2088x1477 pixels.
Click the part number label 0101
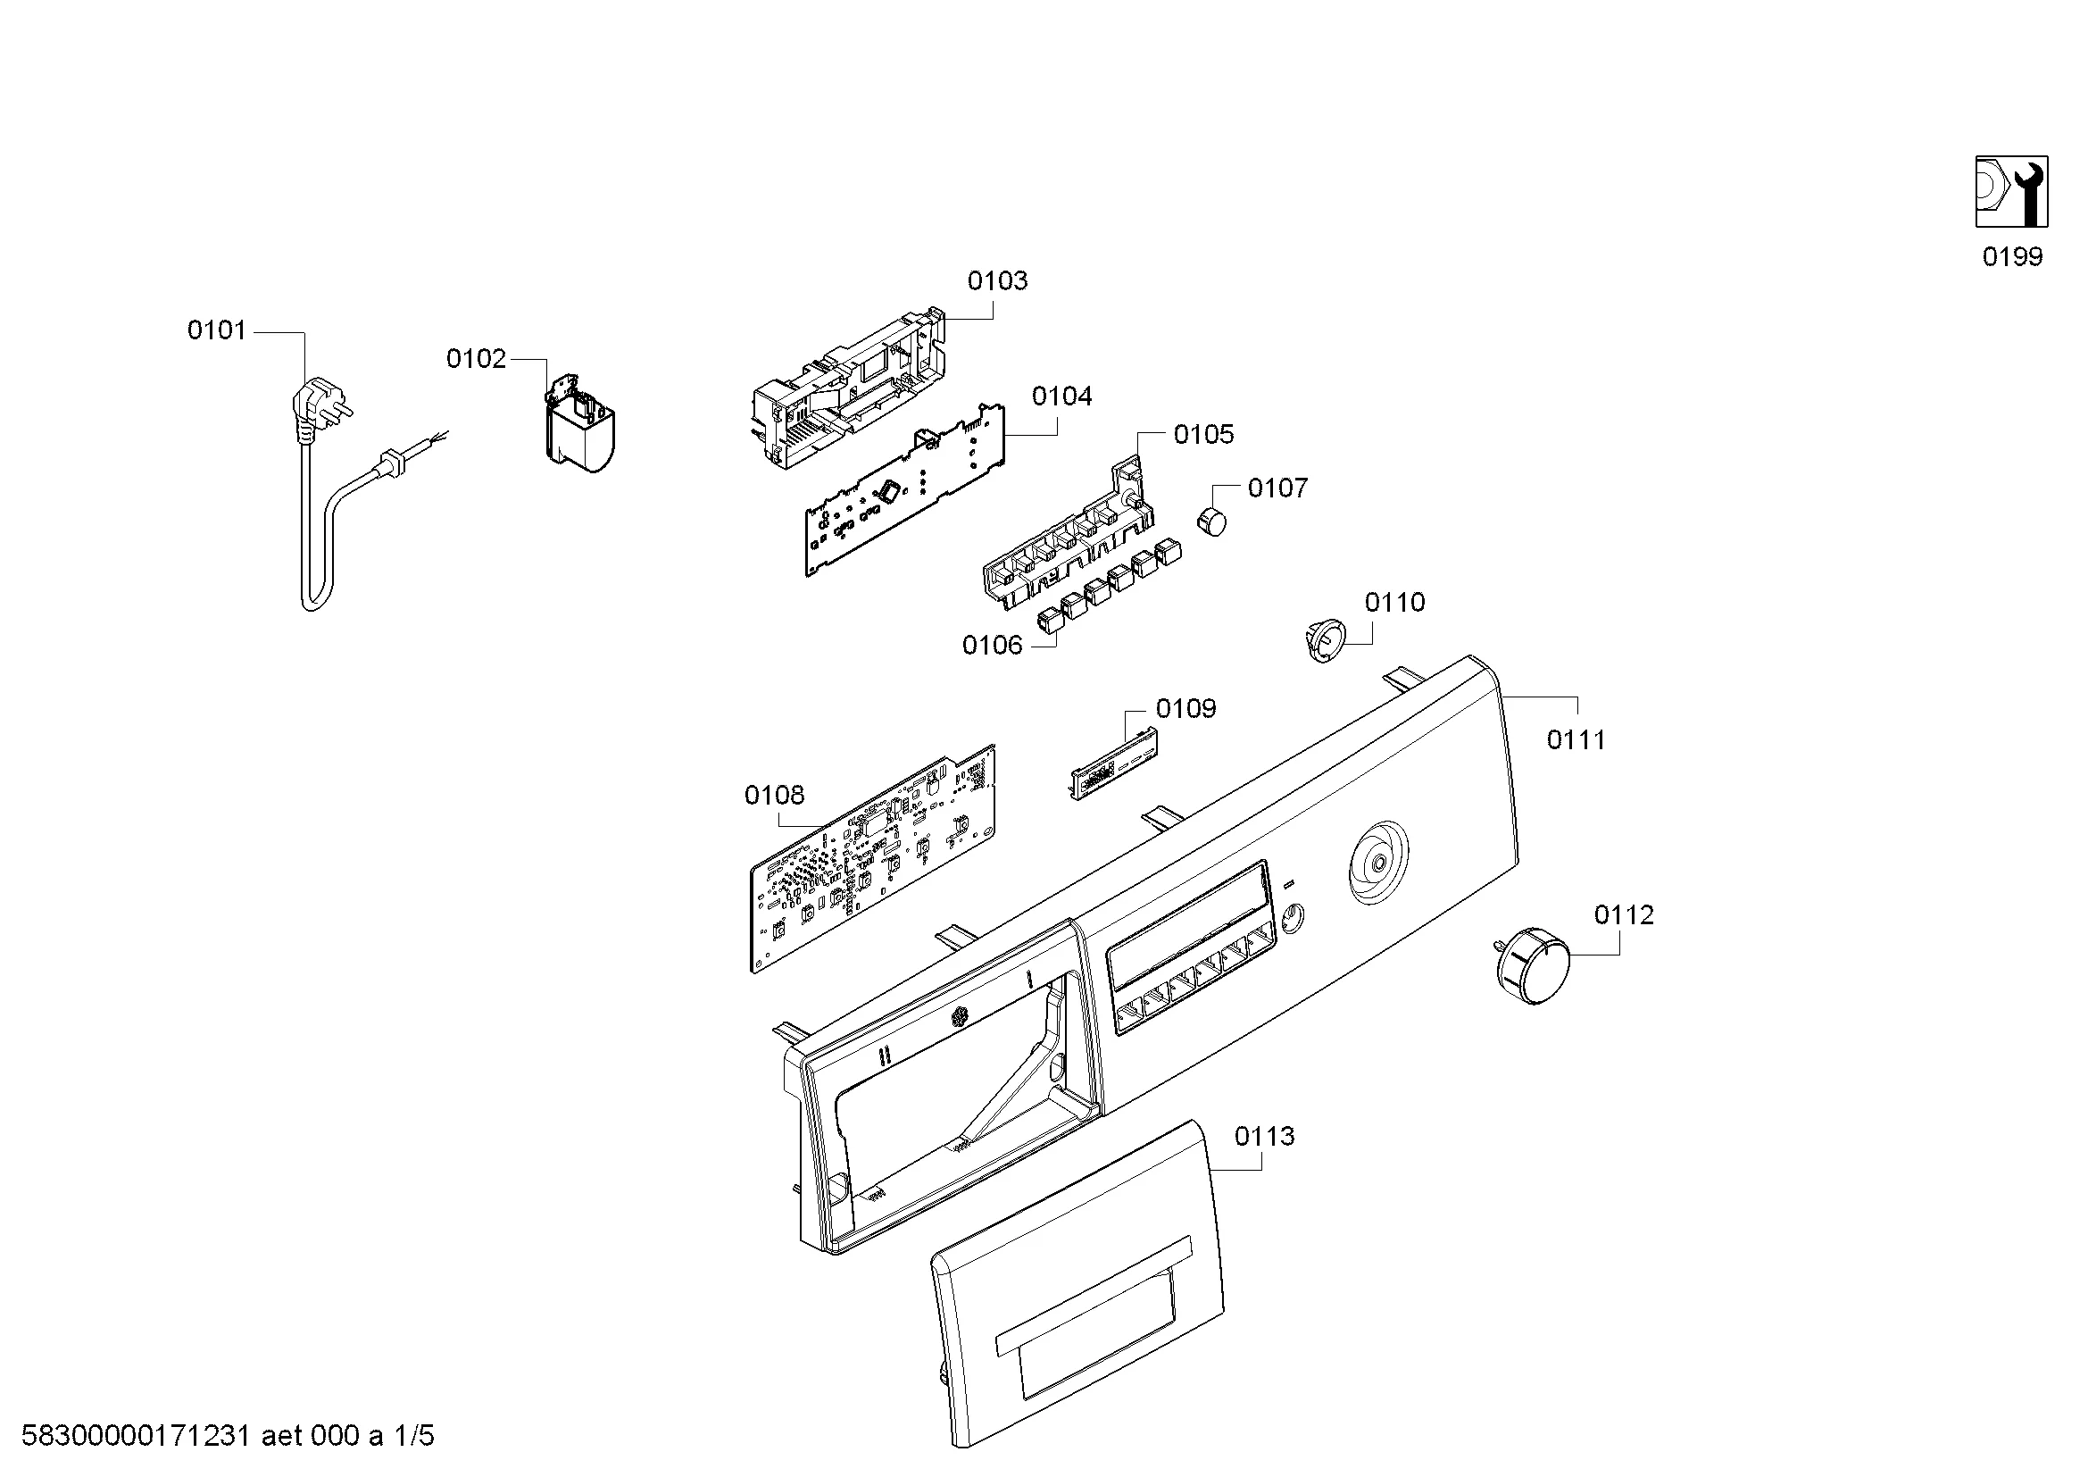point(216,330)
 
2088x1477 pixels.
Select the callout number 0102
point(476,359)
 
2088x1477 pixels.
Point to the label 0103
point(998,281)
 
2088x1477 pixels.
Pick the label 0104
point(1062,396)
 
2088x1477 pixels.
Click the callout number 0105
point(1204,435)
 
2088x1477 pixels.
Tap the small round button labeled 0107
point(1210,522)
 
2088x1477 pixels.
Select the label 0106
point(992,646)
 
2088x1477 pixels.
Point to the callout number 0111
point(1576,740)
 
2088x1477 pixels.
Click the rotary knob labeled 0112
point(1533,966)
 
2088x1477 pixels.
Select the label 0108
point(775,796)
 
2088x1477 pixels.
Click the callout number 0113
point(1264,1137)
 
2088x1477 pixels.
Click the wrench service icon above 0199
point(2011,192)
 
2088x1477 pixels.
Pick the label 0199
point(2012,257)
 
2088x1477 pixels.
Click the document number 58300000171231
point(136,1436)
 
